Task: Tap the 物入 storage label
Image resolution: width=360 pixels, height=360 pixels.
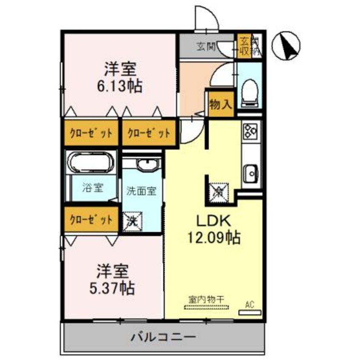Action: click(220, 103)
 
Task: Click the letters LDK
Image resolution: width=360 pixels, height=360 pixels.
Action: click(213, 221)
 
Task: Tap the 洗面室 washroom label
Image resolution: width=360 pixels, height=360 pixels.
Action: click(142, 191)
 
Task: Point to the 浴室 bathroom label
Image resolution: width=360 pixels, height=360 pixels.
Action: click(92, 187)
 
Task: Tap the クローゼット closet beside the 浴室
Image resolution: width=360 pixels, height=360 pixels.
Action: click(91, 220)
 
